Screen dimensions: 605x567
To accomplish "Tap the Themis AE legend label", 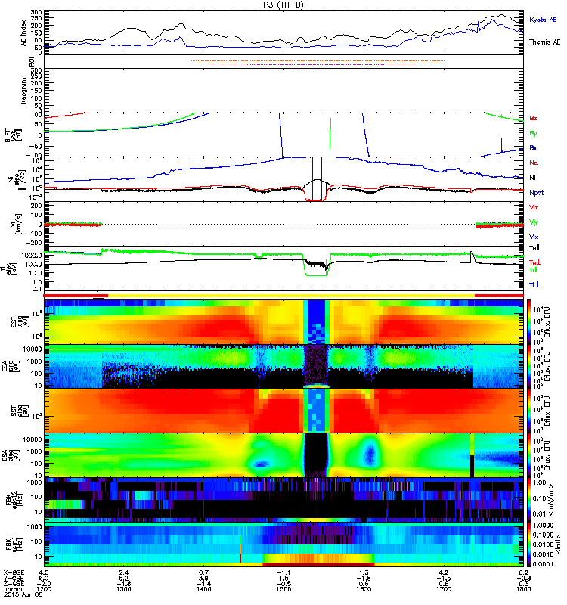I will [x=544, y=42].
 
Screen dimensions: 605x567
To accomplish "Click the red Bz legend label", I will [x=533, y=119].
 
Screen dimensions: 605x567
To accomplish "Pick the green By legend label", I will [x=533, y=133].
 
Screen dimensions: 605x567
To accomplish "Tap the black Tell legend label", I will [x=533, y=247].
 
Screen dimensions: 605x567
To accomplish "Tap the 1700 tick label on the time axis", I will [x=442, y=593].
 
